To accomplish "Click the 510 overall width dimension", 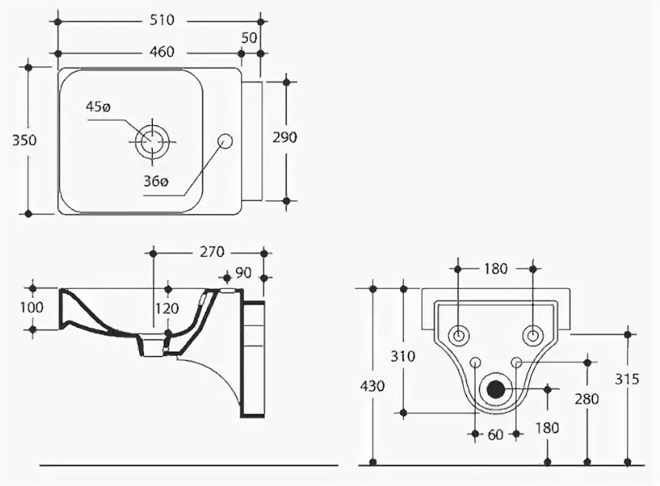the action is coord(162,20).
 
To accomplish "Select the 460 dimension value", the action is coord(162,52).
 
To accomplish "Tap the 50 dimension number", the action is coord(249,38).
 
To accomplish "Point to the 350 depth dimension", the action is coord(24,140).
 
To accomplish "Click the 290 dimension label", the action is coord(284,137).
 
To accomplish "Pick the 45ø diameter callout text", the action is coord(98,107).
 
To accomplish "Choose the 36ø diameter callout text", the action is coord(156,181).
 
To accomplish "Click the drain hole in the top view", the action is coord(152,141).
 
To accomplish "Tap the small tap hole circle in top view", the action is coord(225,141).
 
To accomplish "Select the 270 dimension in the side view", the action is coord(212,252).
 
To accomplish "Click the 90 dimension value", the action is coord(243,273).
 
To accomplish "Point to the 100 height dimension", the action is coord(32,307).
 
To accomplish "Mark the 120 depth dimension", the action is coord(167,309).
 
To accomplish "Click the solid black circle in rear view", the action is coord(496,388).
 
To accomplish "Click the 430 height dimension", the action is coord(373,386).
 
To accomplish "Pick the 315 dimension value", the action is coord(627,379).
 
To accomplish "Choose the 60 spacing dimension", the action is coord(495,435).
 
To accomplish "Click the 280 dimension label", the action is coord(587,399).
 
